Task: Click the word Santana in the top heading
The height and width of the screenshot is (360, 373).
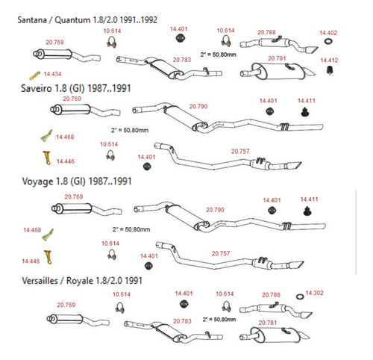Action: click(x=32, y=20)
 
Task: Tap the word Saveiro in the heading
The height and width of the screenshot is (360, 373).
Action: click(x=37, y=88)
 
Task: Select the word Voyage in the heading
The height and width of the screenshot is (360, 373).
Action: click(x=37, y=181)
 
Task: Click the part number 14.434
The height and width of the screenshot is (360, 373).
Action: click(x=52, y=74)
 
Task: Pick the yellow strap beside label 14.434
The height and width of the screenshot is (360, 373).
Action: click(x=34, y=75)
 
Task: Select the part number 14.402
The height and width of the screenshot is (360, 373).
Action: click(x=328, y=33)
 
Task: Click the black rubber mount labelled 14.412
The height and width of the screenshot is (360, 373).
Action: click(x=330, y=70)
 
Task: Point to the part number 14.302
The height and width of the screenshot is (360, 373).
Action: click(x=314, y=293)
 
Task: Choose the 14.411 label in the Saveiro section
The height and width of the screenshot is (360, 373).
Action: click(x=307, y=101)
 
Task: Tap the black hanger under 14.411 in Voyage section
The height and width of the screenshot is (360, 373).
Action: click(x=308, y=211)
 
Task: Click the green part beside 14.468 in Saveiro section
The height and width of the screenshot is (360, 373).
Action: click(x=47, y=136)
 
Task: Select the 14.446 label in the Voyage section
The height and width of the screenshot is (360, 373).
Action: click(x=31, y=261)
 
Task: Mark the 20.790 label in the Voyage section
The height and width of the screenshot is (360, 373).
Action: click(x=215, y=210)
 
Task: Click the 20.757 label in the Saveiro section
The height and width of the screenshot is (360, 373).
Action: click(x=240, y=152)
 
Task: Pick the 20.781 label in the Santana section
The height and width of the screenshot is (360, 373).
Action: click(x=277, y=58)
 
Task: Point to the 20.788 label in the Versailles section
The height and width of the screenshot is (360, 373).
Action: click(x=271, y=295)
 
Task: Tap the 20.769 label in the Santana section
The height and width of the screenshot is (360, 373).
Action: click(x=54, y=43)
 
